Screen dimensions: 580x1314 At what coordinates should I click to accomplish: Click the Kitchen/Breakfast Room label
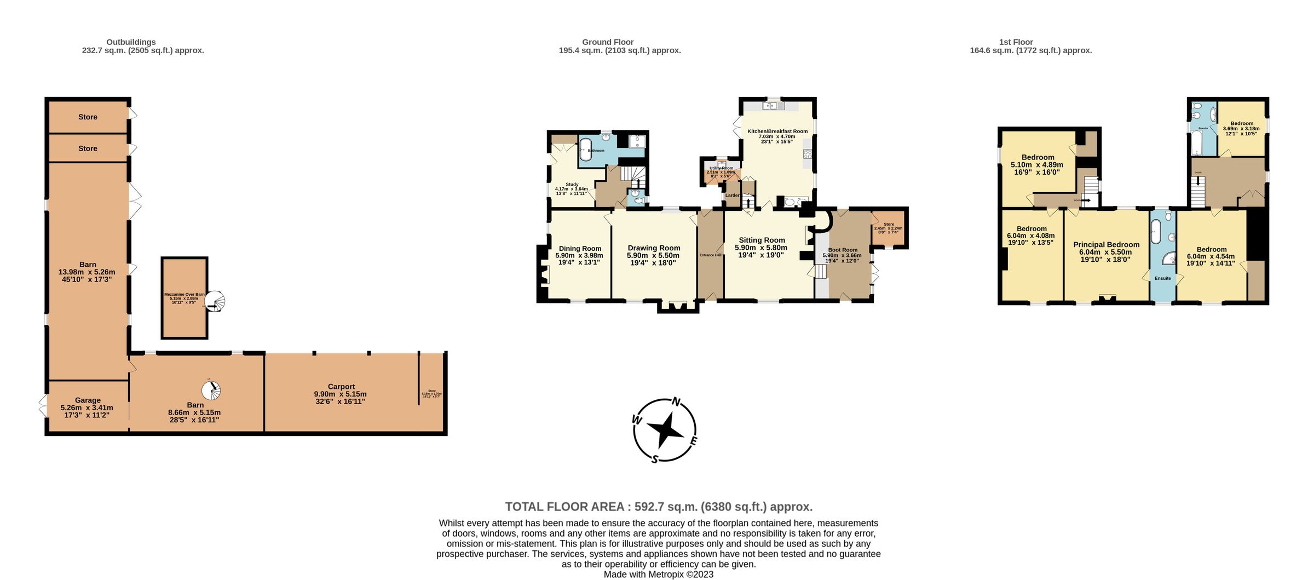(777, 131)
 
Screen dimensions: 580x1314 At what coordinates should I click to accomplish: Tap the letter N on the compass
(676, 403)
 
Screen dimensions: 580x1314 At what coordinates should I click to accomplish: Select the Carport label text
(341, 387)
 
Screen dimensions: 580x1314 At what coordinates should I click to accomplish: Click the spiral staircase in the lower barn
(212, 391)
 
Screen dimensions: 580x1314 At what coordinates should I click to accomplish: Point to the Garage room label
(88, 400)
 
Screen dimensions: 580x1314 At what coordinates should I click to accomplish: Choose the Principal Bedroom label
(1106, 245)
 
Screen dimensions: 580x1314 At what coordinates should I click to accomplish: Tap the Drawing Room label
(654, 248)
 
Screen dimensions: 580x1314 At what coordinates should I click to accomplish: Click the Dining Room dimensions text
(579, 259)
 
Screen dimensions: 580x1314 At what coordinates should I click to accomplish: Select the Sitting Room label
(762, 240)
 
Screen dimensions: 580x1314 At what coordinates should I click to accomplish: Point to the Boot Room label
(843, 250)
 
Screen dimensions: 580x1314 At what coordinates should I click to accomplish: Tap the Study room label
(572, 185)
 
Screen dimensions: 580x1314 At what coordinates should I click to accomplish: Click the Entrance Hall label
(710, 255)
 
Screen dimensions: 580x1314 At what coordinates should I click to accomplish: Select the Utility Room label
(721, 168)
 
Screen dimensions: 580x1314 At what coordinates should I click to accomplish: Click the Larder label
(732, 196)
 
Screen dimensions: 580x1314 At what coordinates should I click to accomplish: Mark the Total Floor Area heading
(659, 507)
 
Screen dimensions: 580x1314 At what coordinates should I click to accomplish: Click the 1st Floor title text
(1016, 42)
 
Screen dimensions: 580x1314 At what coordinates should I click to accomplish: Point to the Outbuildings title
(131, 42)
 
